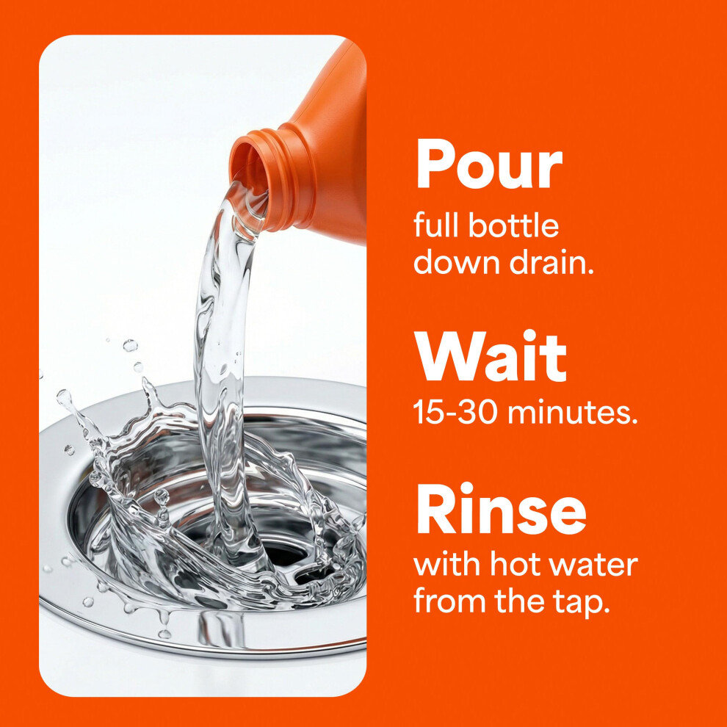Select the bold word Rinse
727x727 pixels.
[x=502, y=508]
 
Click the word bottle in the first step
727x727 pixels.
[x=514, y=225]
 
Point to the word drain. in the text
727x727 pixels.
[x=551, y=261]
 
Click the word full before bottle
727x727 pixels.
[x=437, y=225]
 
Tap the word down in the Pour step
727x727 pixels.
[x=457, y=261]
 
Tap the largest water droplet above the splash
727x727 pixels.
[x=130, y=345]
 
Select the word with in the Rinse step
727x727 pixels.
[x=448, y=564]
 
